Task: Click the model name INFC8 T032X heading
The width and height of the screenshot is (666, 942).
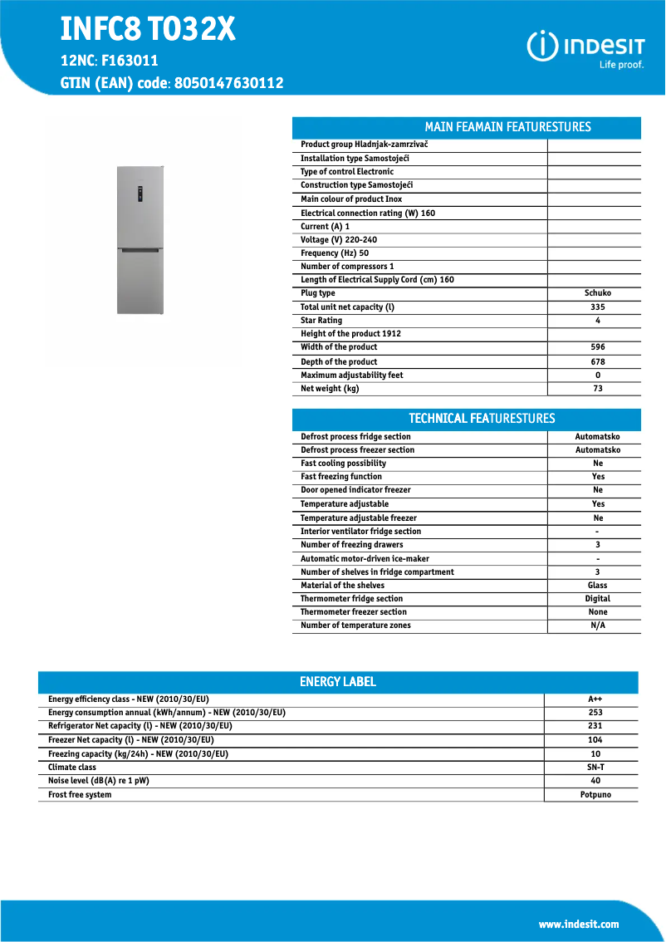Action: pyautogui.click(x=148, y=30)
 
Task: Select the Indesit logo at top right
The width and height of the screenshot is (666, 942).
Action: pyautogui.click(x=585, y=47)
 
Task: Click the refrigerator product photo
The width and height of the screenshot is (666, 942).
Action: pyautogui.click(x=140, y=240)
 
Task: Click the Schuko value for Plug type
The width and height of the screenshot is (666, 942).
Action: pyautogui.click(x=597, y=293)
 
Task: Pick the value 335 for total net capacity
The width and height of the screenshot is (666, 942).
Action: pyautogui.click(x=597, y=307)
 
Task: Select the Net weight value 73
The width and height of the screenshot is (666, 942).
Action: pyautogui.click(x=597, y=389)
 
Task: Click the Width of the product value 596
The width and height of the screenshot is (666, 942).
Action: pyautogui.click(x=597, y=347)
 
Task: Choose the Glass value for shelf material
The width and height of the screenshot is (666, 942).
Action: pyautogui.click(x=597, y=586)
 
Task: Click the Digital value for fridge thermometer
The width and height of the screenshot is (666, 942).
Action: pyautogui.click(x=597, y=599)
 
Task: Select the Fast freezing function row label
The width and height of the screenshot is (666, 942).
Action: pyautogui.click(x=341, y=477)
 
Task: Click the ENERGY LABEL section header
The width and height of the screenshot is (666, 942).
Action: pyautogui.click(x=338, y=682)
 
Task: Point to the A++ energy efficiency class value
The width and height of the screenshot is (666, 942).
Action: pyautogui.click(x=595, y=699)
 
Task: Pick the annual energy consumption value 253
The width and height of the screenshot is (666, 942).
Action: pyautogui.click(x=595, y=713)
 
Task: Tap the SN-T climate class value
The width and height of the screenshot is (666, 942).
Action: pyautogui.click(x=595, y=768)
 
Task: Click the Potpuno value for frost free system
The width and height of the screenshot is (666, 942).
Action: pyautogui.click(x=595, y=795)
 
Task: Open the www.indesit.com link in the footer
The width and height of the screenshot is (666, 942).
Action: pyautogui.click(x=578, y=924)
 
